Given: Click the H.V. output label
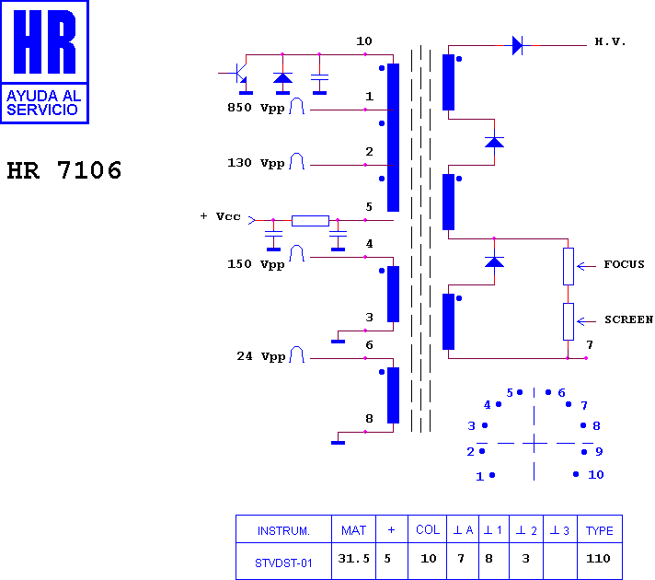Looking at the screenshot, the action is click(610, 41).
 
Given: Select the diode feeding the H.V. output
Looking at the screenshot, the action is click(518, 45).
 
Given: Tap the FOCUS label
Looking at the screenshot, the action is click(624, 264).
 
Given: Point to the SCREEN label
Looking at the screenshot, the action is click(628, 319).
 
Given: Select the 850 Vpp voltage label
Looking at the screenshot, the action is click(256, 108).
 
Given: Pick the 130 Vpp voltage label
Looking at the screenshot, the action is click(256, 163).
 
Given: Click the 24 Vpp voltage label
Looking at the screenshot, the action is click(261, 356).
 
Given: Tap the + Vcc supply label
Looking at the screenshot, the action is click(221, 216).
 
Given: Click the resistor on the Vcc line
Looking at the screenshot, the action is click(310, 220).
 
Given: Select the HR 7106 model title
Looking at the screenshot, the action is click(64, 170).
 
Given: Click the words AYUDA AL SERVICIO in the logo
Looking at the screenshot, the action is click(44, 103).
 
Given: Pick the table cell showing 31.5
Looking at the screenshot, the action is click(353, 559).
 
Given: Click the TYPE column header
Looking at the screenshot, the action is click(600, 530).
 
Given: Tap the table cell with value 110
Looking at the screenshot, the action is click(598, 558).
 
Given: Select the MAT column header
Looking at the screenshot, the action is click(353, 530).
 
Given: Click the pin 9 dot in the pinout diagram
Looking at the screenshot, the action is click(584, 452).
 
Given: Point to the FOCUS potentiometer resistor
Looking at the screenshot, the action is click(569, 266).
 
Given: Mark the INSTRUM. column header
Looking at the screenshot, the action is click(283, 530).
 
